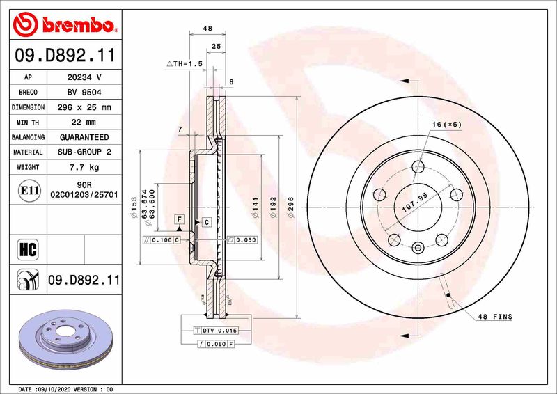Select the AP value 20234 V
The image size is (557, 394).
coord(84,77)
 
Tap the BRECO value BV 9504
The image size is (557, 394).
coord(84,93)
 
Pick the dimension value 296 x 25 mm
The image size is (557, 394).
coord(84,108)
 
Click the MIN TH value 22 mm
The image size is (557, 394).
coord(84,123)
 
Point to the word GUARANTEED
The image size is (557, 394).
coord(84,138)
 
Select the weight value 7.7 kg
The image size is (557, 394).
coord(84,168)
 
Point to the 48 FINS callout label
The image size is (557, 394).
coord(494,317)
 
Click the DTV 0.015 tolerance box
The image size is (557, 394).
coord(221,330)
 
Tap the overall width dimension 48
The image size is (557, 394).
coord(207,29)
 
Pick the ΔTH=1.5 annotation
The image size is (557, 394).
coord(185,63)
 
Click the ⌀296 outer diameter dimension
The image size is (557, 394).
coord(292,207)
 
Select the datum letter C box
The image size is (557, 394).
coord(206,222)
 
